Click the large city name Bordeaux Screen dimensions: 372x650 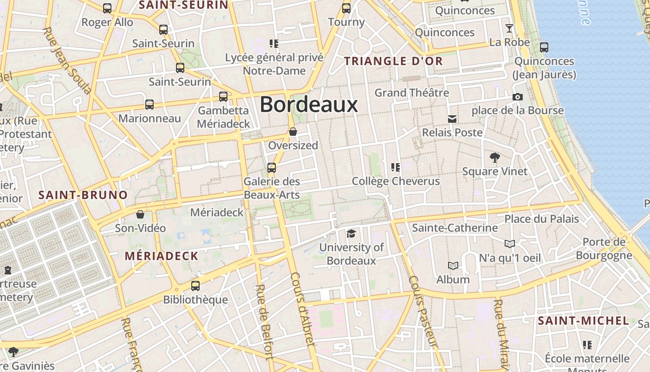pyautogui.click(x=309, y=105)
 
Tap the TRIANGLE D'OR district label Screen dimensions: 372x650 pyautogui.click(x=393, y=61)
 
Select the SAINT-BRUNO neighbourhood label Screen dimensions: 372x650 pyautogui.click(x=83, y=195)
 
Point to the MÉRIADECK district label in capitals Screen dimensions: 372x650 pyautogui.click(x=162, y=256)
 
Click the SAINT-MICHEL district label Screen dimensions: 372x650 pyautogui.click(x=583, y=320)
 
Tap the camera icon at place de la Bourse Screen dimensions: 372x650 pyautogui.click(x=517, y=97)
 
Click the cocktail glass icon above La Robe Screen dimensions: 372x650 pyautogui.click(x=509, y=28)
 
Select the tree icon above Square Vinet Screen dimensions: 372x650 pyautogui.click(x=494, y=158)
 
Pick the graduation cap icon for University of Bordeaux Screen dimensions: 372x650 pyautogui.click(x=351, y=233)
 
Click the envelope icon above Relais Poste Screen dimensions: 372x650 pyautogui.click(x=452, y=119)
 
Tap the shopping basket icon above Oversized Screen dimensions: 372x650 pyautogui.click(x=293, y=132)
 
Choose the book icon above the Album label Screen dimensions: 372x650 pyautogui.click(x=453, y=266)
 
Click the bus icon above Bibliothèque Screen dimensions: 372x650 pyautogui.click(x=195, y=286)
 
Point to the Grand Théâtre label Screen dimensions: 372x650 pyautogui.click(x=412, y=93)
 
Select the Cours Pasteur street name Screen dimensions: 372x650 pyautogui.click(x=423, y=312)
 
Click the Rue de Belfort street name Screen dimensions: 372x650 pyautogui.click(x=263, y=322)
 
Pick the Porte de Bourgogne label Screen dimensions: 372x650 pyautogui.click(x=604, y=248)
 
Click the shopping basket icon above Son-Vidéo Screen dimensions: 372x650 pyautogui.click(x=140, y=214)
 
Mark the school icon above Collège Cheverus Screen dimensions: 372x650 pyautogui.click(x=396, y=167)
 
